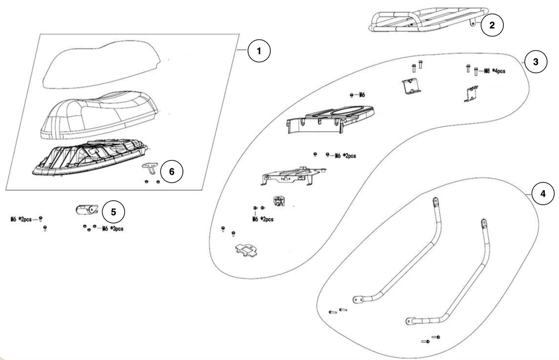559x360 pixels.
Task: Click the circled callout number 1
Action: tap(259, 51)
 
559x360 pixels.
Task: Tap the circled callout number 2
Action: tap(492, 25)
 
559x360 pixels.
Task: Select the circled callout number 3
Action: tap(536, 62)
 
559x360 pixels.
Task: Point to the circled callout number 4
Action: tap(543, 194)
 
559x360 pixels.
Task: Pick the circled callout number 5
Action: tap(114, 212)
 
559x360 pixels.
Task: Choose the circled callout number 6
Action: tap(172, 172)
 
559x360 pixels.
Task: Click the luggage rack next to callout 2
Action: tap(428, 20)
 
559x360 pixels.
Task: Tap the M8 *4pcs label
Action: tap(495, 70)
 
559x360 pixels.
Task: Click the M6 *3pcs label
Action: tap(112, 229)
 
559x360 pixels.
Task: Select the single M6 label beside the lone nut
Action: tap(362, 95)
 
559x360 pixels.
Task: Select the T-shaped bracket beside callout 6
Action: tap(151, 168)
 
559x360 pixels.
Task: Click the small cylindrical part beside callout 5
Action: tap(87, 210)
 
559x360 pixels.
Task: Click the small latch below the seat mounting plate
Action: tap(279, 200)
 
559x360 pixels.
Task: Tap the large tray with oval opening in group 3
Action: tap(330, 119)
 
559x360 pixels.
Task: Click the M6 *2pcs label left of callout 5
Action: tap(21, 219)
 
